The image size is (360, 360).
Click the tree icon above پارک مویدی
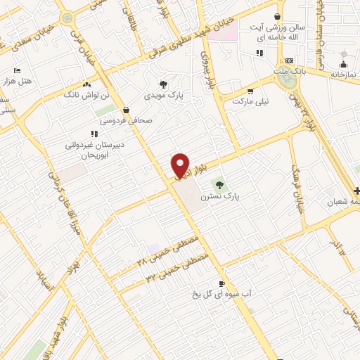click(164, 83)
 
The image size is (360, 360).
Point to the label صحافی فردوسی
click(126, 120)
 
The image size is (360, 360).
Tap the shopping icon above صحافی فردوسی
click(126, 110)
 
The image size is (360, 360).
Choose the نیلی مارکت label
click(252, 101)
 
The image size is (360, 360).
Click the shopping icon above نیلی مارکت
click(250, 91)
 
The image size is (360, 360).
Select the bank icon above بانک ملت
click(289, 61)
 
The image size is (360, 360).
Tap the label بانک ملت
click(288, 72)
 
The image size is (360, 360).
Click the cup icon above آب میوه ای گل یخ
click(222, 283)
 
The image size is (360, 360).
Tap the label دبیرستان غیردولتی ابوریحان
click(95, 148)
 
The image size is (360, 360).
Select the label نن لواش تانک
click(86, 94)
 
